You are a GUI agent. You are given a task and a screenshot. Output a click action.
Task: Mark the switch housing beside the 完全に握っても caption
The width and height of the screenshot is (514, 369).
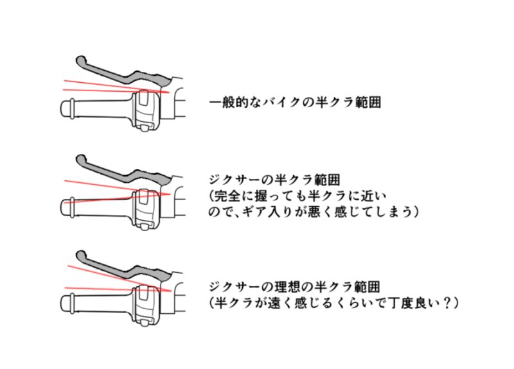pyautogui.click(x=145, y=207)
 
